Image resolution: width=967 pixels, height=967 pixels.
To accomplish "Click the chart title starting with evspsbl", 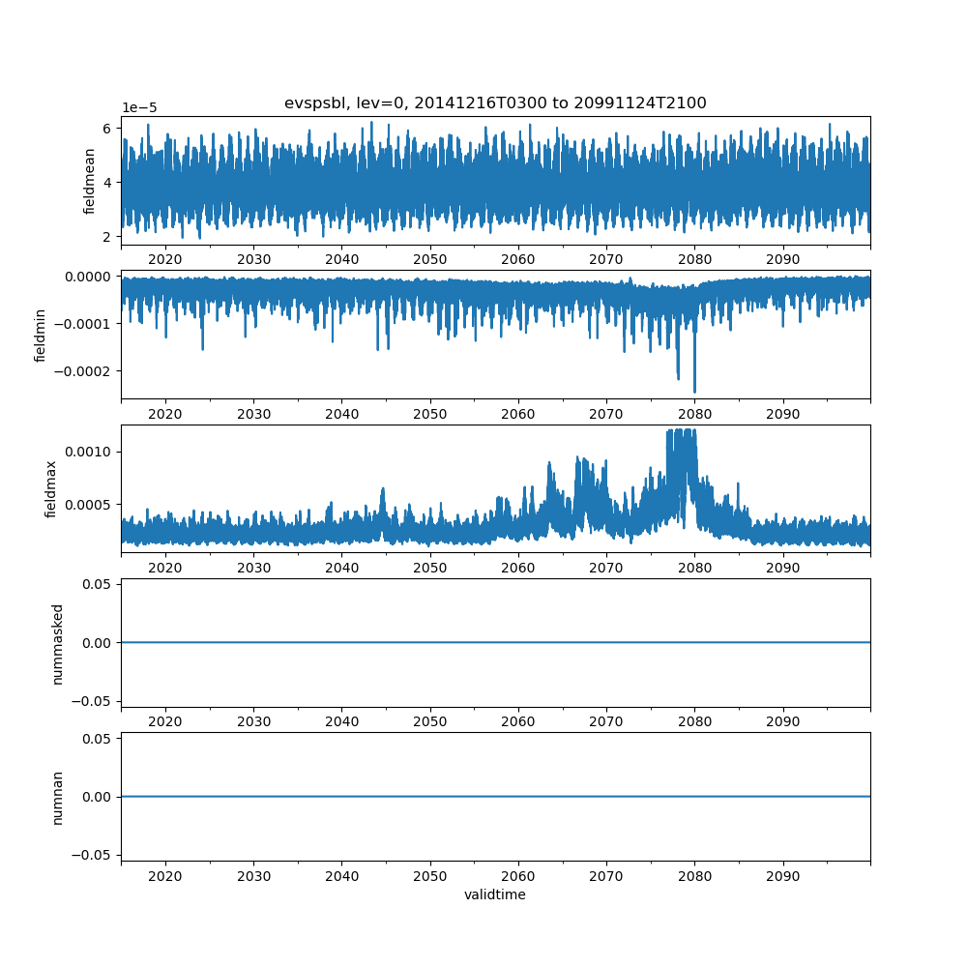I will click(495, 103).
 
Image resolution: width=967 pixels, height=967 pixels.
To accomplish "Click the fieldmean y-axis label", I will click(89, 181).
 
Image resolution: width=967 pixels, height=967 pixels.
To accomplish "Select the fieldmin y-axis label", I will click(41, 335).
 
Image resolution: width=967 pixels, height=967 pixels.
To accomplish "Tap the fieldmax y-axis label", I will click(52, 488).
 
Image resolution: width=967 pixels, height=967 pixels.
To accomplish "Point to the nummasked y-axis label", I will click(58, 643).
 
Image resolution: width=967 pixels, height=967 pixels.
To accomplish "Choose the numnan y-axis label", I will click(58, 797).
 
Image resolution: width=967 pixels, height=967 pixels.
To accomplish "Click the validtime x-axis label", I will click(495, 894).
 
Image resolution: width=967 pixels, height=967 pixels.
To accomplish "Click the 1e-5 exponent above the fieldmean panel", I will click(141, 108).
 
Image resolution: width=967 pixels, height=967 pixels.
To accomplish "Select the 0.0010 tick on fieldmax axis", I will click(90, 452).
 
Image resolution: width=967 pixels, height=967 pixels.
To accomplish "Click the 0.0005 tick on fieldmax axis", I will click(90, 504).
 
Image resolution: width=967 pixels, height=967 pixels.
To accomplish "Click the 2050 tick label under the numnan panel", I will click(430, 875).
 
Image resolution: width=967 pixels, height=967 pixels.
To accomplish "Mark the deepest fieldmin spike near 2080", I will click(694, 391).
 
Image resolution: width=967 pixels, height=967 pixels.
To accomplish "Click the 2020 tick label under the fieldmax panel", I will click(165, 568).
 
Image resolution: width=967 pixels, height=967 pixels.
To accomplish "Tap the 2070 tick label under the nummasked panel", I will click(606, 721).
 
